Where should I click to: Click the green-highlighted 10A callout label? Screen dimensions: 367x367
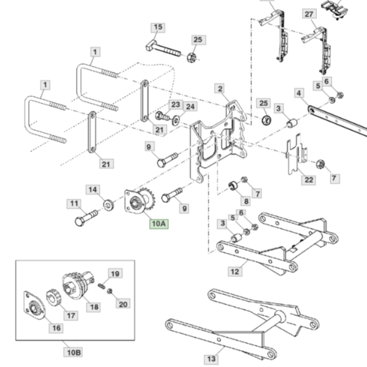(159, 224)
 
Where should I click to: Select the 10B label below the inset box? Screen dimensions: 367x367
(73, 352)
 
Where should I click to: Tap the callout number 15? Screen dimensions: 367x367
(158, 27)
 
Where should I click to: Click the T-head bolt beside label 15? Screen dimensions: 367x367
(163, 49)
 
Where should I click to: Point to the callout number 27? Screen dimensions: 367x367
(309, 14)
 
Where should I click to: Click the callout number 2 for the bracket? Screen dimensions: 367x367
(220, 89)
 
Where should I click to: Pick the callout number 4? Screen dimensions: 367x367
(299, 93)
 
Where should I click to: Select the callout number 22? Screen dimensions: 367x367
(309, 180)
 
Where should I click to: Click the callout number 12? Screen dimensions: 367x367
(235, 272)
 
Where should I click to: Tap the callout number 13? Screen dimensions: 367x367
(212, 359)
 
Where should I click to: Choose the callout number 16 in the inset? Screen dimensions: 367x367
(56, 328)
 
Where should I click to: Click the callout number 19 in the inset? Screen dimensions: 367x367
(115, 273)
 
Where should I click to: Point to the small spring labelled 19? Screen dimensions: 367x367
(102, 286)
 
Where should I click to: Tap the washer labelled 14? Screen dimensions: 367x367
(108, 205)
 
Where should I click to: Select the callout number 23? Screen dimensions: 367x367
(176, 105)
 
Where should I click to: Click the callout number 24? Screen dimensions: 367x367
(190, 106)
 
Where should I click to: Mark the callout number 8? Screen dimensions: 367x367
(246, 201)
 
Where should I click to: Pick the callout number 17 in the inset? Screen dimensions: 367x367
(71, 316)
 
